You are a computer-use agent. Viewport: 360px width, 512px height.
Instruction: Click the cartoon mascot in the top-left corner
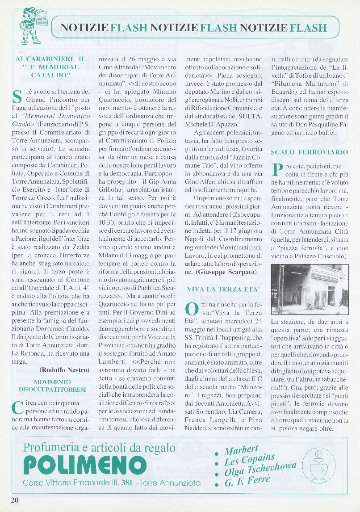30,26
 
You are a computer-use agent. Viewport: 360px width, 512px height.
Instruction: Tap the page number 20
15,499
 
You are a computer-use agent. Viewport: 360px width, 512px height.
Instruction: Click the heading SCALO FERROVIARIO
309,152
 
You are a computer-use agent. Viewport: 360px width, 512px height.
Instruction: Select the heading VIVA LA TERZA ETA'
222,289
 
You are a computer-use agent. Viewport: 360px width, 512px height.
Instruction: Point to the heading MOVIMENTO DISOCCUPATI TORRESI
52,386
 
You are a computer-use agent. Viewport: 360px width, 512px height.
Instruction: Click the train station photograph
310,289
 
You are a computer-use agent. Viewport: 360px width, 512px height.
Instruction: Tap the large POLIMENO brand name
79,466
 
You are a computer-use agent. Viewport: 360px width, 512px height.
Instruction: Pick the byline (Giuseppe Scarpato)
227,272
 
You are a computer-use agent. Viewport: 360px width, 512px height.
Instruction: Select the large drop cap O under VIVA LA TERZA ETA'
191,309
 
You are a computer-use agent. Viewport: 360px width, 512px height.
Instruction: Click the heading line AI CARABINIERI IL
50,59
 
